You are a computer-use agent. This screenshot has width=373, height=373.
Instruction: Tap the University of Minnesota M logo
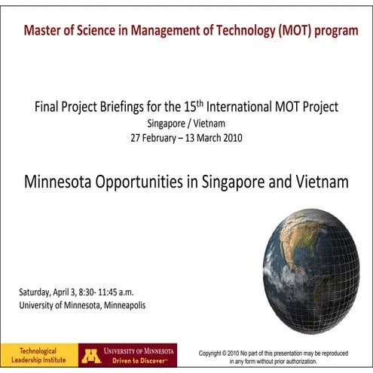click(91, 355)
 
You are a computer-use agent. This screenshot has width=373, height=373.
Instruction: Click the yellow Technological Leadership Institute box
click(38, 355)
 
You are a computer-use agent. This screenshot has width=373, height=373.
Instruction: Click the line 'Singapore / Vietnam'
click(186, 123)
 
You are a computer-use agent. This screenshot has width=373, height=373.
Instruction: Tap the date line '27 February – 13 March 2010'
click(186, 138)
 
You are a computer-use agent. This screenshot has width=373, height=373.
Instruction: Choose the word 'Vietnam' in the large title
click(319, 182)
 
